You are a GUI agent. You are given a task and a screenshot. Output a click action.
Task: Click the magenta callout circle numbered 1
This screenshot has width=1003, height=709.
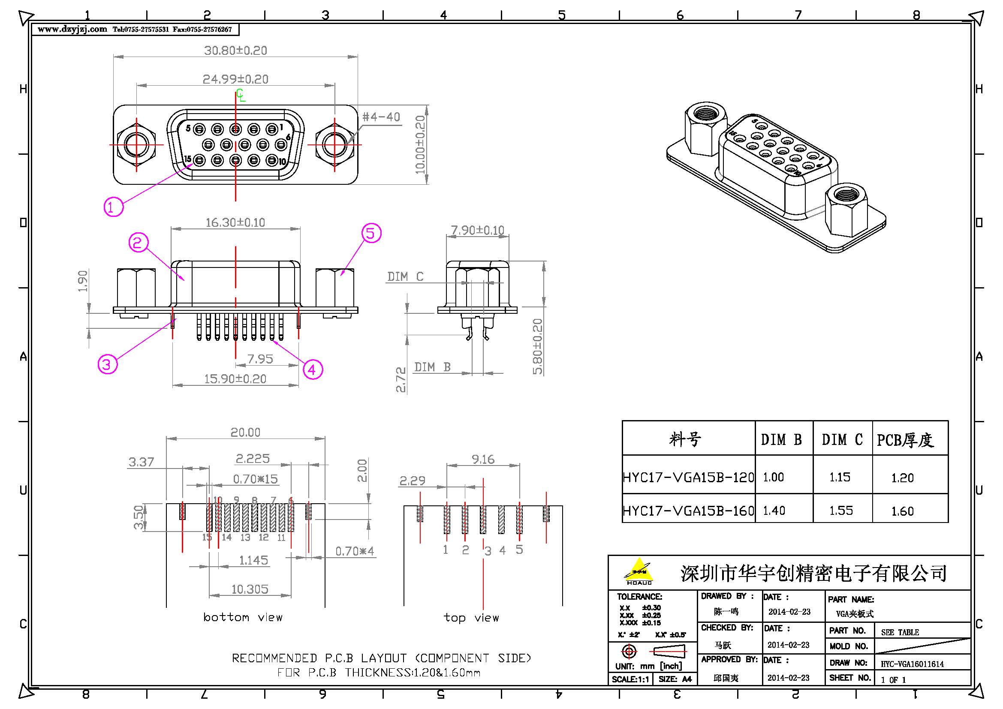pos(113,207)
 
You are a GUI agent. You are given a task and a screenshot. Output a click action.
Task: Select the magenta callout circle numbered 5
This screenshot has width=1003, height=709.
pos(371,233)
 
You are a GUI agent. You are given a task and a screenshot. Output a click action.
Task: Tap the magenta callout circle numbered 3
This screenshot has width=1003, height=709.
pos(107,364)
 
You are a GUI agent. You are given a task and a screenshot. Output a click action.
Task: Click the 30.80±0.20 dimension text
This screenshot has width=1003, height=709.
pos(235,51)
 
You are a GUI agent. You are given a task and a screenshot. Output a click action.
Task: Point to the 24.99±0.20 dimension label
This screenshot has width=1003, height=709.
pos(235,79)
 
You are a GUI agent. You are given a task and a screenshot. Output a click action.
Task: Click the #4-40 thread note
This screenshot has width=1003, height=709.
pos(381,117)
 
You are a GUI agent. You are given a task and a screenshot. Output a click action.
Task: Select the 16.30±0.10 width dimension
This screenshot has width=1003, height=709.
pos(235,222)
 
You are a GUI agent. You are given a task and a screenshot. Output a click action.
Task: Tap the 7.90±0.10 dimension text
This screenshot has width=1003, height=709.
pos(477,230)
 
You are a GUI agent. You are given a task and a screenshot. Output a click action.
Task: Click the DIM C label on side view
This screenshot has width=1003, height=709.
pos(405,277)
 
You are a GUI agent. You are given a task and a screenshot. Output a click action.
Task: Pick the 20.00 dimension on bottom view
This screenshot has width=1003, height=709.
pos(246,432)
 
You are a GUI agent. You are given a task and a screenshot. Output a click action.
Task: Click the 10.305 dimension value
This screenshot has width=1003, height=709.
pos(250,589)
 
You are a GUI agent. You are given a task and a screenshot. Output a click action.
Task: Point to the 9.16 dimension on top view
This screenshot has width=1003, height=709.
pos(483,459)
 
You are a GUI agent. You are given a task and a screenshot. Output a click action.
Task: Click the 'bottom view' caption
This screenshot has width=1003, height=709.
pos(243,617)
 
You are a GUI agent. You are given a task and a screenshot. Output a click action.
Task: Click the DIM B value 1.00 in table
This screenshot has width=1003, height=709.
pos(773,477)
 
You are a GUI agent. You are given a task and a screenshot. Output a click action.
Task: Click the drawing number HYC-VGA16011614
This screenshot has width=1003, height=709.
pos(912,664)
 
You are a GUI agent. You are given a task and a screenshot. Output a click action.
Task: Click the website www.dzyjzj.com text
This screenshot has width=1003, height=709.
pos(72,30)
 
